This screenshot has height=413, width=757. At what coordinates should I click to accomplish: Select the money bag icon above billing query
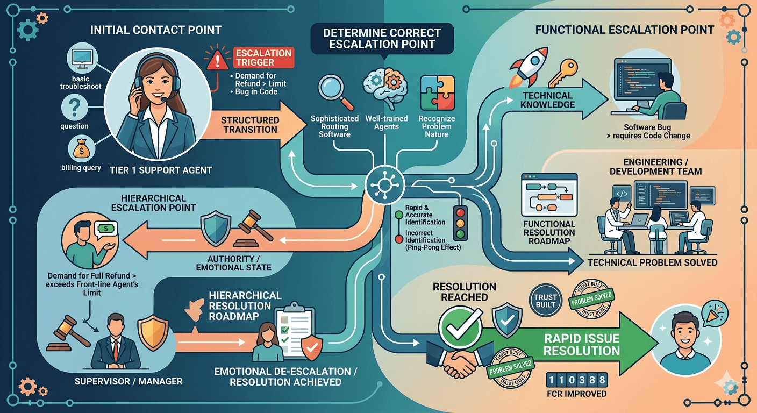coord(81,149)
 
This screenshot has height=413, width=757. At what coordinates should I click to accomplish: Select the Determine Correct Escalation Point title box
coord(382,39)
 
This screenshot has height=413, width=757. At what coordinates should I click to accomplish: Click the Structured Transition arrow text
coord(250,125)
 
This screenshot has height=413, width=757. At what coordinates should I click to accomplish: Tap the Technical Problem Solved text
coord(652,262)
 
